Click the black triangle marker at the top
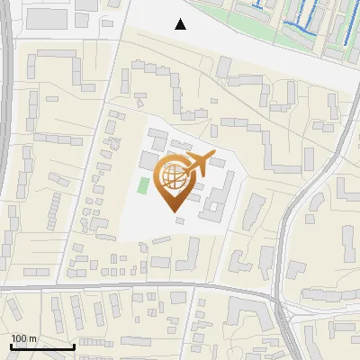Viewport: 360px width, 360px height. (181, 24)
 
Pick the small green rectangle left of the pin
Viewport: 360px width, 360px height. (143, 186)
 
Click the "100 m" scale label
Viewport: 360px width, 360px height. (23, 338)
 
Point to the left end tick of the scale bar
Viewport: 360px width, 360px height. (11, 346)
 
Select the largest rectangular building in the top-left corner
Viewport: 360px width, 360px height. (53, 18)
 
